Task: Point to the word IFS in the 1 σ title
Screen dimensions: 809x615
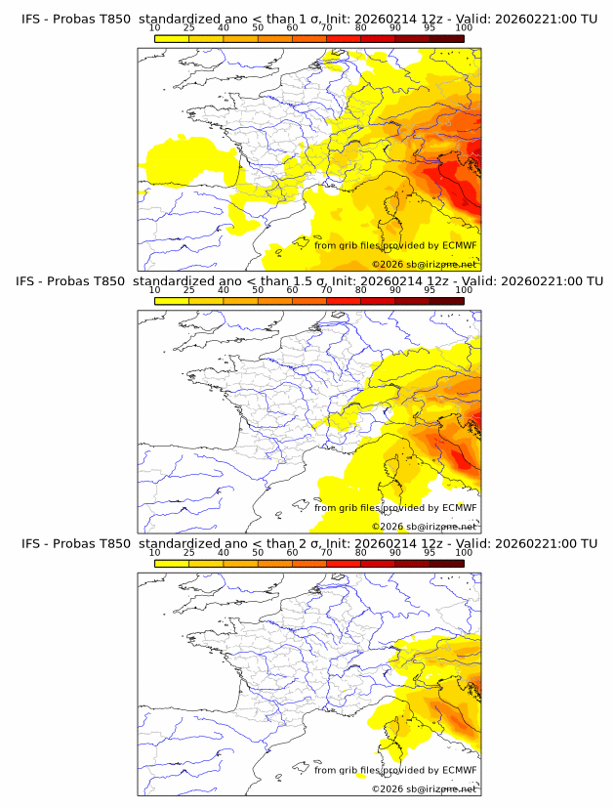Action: pyautogui.click(x=30, y=19)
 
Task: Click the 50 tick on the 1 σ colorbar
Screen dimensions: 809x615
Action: pyautogui.click(x=258, y=27)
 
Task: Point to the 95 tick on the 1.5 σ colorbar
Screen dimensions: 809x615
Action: pyautogui.click(x=430, y=290)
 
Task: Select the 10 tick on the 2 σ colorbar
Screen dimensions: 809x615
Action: pyautogui.click(x=155, y=552)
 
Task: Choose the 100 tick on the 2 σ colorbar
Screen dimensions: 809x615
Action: pyautogui.click(x=464, y=552)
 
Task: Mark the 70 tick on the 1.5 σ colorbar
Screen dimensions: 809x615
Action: pyautogui.click(x=326, y=290)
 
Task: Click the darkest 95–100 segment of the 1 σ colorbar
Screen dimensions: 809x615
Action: pyautogui.click(x=446, y=39)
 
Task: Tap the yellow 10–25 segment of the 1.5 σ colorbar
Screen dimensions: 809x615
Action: pyautogui.click(x=172, y=301)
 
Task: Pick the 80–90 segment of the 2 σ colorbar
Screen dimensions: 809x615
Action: pyautogui.click(x=378, y=563)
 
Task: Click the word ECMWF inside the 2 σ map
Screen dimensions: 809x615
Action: pyautogui.click(x=460, y=769)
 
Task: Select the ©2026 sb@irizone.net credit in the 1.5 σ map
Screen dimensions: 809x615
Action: pyautogui.click(x=424, y=527)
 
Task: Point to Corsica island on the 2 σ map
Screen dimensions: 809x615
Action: pyautogui.click(x=395, y=730)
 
